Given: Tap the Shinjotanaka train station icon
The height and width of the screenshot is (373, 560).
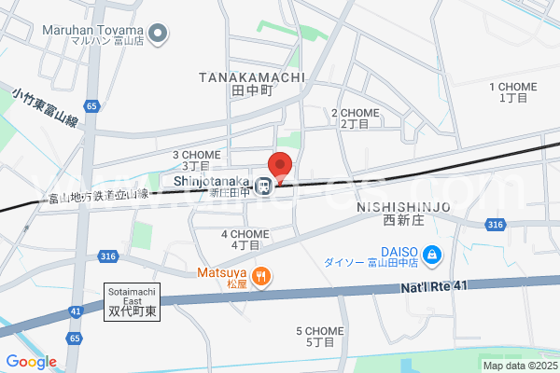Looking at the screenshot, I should (265, 183).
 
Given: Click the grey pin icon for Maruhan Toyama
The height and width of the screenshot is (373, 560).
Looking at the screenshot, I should (159, 35).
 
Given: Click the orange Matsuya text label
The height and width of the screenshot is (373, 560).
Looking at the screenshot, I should (220, 276).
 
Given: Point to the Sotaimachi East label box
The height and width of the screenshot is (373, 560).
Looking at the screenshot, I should (132, 302).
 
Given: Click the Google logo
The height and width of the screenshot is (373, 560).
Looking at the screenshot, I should (31, 362).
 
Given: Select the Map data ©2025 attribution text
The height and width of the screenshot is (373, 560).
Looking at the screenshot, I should (519, 365).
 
